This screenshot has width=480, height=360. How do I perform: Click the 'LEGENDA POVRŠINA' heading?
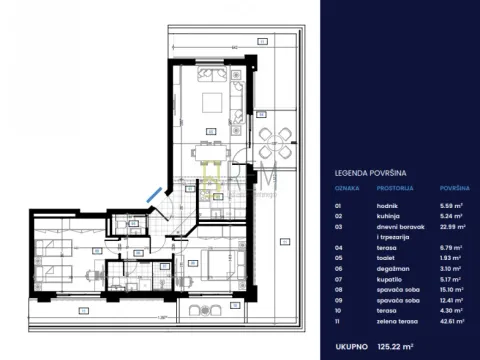click(x=366, y=172)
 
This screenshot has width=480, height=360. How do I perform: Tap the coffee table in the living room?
click(x=212, y=100)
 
